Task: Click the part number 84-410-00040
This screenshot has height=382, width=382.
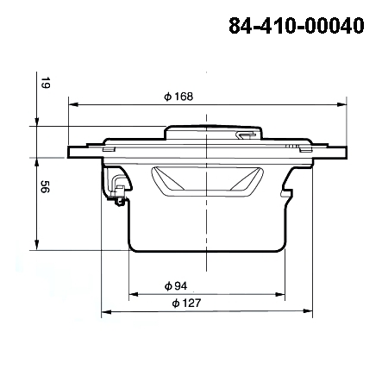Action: click(x=296, y=26)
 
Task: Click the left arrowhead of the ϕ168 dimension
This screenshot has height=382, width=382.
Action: click(x=73, y=105)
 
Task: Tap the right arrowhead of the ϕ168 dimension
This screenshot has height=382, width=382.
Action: click(x=342, y=105)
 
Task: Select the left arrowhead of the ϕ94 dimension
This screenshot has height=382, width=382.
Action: click(x=133, y=295)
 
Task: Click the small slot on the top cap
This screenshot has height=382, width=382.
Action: click(x=246, y=135)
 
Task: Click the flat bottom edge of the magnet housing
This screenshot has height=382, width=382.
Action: click(x=208, y=248)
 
